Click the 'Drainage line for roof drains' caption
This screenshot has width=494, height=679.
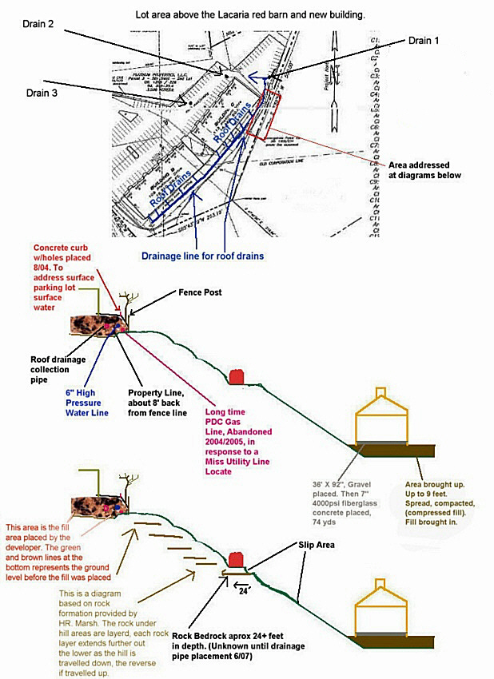click(x=203, y=256)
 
